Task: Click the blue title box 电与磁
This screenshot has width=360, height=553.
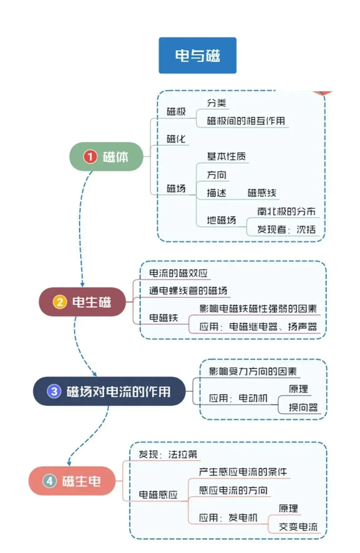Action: [197, 55]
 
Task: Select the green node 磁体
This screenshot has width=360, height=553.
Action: [106, 157]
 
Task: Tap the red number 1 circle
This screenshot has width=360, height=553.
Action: [90, 157]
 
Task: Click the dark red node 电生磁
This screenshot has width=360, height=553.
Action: [82, 302]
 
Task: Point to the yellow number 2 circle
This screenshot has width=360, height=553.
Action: [60, 302]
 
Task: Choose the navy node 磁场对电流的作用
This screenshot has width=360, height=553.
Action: [109, 391]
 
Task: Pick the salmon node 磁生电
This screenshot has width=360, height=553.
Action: [72, 481]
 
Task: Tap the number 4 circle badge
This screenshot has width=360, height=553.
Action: [50, 481]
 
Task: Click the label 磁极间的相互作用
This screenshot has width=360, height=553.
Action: [246, 121]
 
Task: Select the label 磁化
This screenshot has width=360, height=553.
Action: [176, 139]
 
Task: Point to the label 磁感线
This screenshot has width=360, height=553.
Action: [262, 193]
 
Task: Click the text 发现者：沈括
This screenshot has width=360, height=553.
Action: [286, 229]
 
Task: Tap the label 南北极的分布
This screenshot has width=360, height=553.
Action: [286, 211]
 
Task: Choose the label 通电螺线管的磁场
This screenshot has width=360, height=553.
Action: [188, 291]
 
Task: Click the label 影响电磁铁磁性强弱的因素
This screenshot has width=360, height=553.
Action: [258, 309]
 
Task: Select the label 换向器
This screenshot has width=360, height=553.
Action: [303, 407]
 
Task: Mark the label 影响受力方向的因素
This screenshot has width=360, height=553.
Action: [253, 371]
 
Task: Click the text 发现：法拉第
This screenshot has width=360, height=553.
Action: [168, 454]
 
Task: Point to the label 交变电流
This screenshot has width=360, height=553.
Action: [298, 527]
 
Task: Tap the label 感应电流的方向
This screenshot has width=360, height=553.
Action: [233, 490]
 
